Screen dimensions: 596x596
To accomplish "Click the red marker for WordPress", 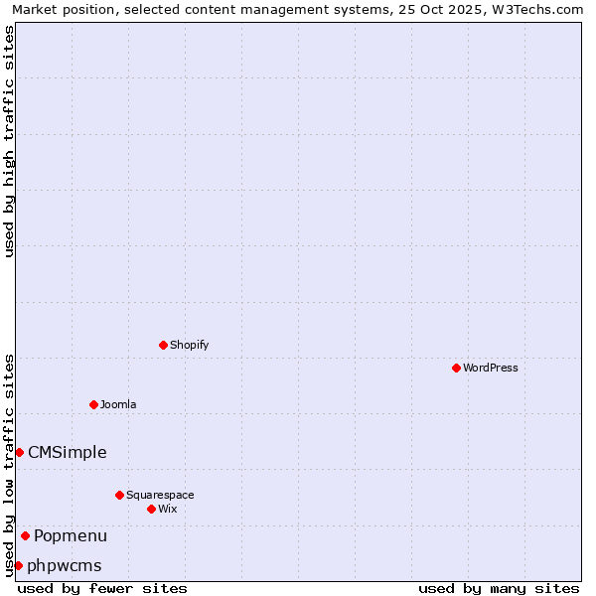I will coord(456,368).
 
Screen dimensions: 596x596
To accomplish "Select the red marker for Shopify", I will coord(163,345).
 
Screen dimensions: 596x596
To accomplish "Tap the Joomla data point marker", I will coord(93,404).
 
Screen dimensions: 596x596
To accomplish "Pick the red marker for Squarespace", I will coord(119,495).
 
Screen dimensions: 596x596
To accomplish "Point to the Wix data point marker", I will coord(151,509).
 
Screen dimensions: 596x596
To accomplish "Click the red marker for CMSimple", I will coord(19,452).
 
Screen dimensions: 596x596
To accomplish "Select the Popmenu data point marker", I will coord(25,535).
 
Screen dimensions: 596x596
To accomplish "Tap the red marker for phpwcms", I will coord(18,565).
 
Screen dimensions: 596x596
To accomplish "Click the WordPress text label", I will coord(491,368).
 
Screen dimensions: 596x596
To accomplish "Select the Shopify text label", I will coord(189,345).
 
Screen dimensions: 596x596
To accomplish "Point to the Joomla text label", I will coord(118,404).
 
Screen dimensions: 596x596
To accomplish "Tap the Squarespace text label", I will coord(160,495).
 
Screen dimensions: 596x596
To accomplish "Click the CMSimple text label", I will coord(67,452).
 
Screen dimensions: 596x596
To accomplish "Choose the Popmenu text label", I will coord(71,535).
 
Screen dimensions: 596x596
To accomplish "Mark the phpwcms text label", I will coord(65,565).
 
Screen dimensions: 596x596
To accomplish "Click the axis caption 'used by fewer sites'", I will coord(102,588).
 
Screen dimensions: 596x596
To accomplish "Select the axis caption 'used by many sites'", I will coord(499,588).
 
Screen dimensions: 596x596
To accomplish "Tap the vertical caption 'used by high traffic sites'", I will coord(9,141).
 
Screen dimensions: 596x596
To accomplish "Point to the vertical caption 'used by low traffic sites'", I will coord(9,464).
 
